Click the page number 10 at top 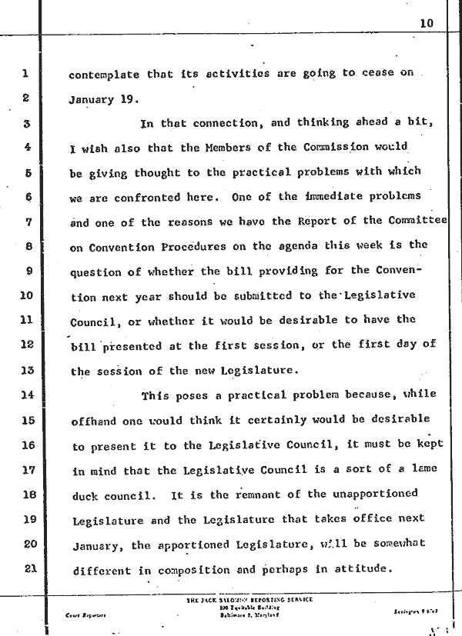tap(427, 23)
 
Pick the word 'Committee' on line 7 tap(415, 222)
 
